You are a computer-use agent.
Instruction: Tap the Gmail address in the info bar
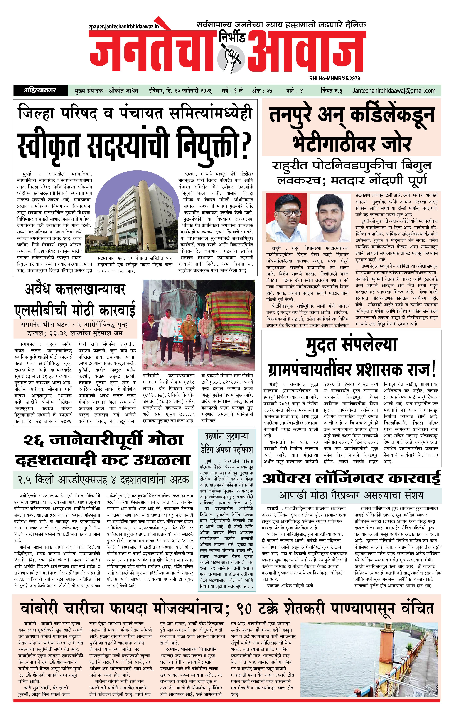[x=393, y=91]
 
